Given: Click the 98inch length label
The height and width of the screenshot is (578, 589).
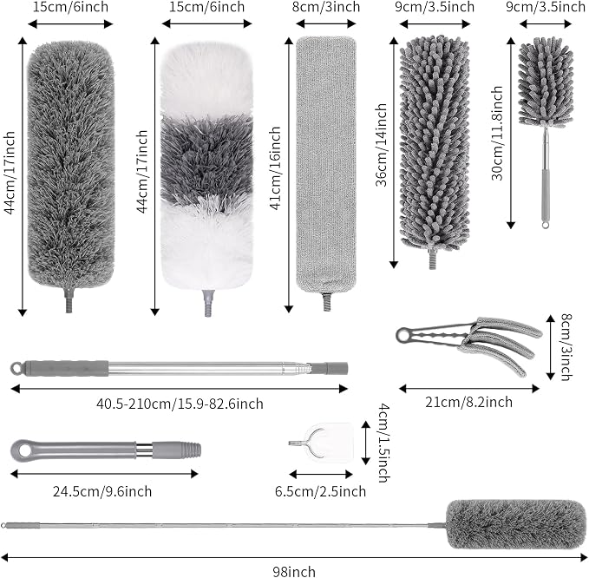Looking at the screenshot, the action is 294,571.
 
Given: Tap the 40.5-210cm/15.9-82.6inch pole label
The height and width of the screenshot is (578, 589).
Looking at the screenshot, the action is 180,404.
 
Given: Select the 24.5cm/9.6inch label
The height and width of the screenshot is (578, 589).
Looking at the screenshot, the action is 102,491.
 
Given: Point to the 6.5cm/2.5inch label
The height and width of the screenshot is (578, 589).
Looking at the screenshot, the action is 320,491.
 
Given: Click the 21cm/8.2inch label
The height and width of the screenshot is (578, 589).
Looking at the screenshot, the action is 468,402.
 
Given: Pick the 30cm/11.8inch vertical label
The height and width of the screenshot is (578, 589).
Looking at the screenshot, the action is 497,133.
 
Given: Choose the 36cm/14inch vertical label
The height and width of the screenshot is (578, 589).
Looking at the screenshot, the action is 382,145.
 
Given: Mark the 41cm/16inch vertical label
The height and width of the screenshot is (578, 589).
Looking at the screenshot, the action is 276,168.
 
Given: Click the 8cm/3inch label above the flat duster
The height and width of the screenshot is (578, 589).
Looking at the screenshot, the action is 326,7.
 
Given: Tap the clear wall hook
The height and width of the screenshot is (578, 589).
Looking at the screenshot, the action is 323,443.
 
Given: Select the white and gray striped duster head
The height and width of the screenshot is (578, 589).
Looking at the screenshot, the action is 206,166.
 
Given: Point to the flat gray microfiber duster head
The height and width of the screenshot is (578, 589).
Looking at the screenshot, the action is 326,165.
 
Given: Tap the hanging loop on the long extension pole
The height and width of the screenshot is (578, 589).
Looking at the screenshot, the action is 16,368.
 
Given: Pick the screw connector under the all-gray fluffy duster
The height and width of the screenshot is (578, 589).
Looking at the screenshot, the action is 69,300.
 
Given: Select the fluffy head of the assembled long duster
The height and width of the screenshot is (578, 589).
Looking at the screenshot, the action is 516,524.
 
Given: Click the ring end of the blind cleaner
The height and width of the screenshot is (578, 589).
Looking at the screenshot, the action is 404,335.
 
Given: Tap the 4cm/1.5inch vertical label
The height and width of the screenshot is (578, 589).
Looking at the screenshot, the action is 383,443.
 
